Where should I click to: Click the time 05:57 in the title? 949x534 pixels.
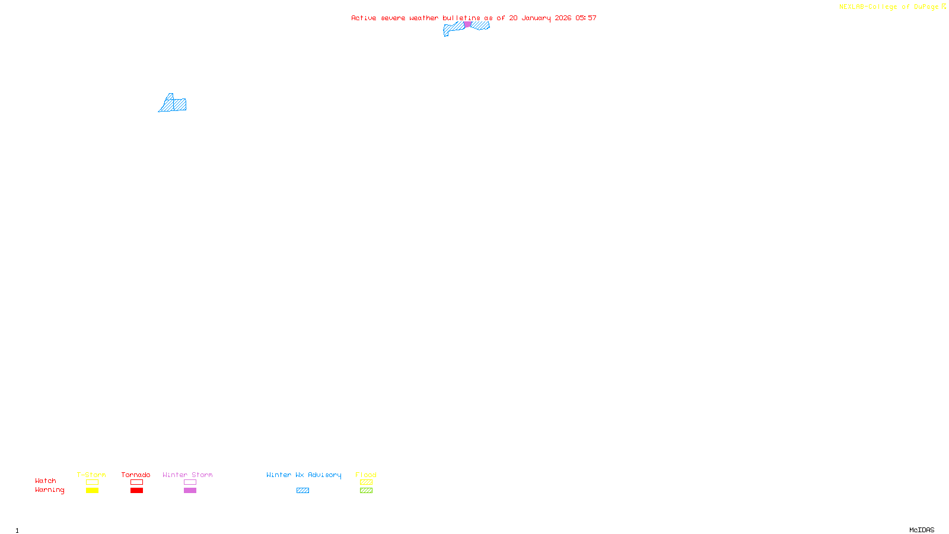click(x=585, y=18)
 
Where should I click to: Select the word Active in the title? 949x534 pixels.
click(x=364, y=18)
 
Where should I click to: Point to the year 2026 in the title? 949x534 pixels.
click(x=563, y=18)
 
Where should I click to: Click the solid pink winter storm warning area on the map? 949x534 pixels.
click(x=467, y=24)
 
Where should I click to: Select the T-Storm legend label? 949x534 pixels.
click(x=91, y=475)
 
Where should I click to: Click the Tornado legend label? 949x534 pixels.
click(x=136, y=475)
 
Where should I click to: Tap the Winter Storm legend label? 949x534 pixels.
click(x=187, y=475)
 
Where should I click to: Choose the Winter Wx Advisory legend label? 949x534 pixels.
click(x=304, y=475)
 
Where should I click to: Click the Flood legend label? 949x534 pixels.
click(x=366, y=475)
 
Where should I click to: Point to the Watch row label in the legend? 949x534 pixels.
click(x=46, y=481)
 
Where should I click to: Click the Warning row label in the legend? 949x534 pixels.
click(x=49, y=490)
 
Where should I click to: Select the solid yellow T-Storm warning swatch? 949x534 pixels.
click(x=92, y=491)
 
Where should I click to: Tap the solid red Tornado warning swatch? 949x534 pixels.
click(x=136, y=491)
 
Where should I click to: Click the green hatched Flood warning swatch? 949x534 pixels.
click(x=366, y=491)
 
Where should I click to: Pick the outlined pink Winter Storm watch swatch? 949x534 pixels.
click(x=190, y=482)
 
